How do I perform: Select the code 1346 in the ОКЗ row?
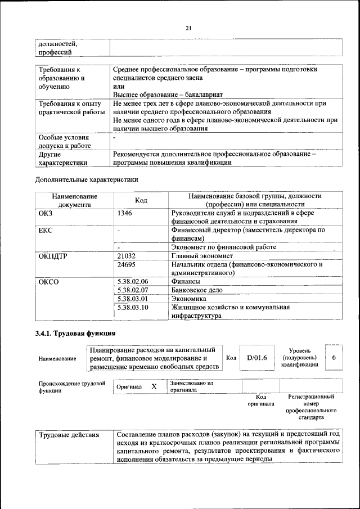click(x=125, y=214)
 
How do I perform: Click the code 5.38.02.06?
click(x=132, y=281)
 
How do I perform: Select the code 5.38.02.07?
click(x=132, y=290)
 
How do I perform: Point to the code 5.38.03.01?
click(x=132, y=299)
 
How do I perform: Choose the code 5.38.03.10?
click(x=132, y=307)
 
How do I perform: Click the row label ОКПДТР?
click(x=53, y=256)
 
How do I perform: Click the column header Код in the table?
click(x=141, y=200)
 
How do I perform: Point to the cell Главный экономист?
click(x=202, y=256)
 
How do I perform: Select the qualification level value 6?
click(x=334, y=358)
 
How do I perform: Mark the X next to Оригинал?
click(x=154, y=387)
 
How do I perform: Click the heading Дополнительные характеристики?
click(x=86, y=179)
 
